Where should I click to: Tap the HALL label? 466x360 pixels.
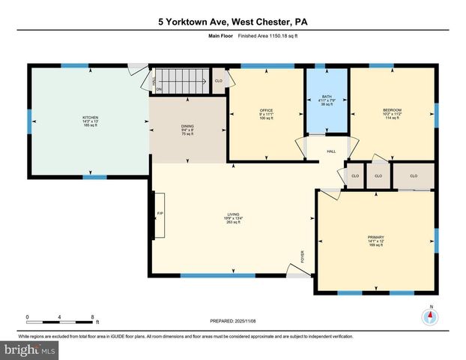coord(330,151)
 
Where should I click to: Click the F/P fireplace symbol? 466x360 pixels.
coord(159,214)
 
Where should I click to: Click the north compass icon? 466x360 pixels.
coord(430,316)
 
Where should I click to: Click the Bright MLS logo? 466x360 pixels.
coord(30,349)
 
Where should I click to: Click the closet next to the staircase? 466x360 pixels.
coord(218,80)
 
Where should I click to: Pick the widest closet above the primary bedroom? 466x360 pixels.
coord(414,175)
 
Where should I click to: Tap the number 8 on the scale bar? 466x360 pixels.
coord(91,316)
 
